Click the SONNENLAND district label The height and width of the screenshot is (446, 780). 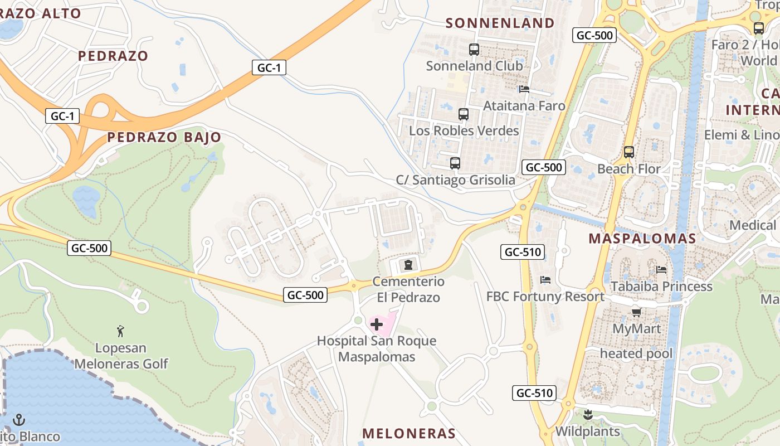(x=500, y=23)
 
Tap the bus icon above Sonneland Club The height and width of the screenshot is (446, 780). (x=474, y=50)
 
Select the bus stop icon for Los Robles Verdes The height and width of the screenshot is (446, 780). (x=464, y=114)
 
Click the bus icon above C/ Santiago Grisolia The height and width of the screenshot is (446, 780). (x=455, y=163)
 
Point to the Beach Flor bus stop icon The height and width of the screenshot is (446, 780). (x=629, y=152)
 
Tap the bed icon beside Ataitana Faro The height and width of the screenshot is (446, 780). (x=524, y=89)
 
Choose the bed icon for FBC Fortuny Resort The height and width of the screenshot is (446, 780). (x=545, y=280)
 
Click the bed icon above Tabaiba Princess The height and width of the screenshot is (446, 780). (x=661, y=270)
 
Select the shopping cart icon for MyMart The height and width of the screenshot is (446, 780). (x=636, y=312)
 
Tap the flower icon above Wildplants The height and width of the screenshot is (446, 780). (x=587, y=415)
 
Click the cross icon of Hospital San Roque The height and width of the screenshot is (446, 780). (x=377, y=324)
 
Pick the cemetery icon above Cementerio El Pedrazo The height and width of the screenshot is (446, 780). (x=408, y=264)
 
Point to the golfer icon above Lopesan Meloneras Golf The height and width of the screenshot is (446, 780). (x=120, y=332)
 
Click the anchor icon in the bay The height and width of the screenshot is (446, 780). (x=19, y=419)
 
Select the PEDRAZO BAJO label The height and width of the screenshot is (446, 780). (x=164, y=137)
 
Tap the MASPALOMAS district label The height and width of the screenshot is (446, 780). (x=642, y=239)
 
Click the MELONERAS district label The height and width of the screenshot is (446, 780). (x=409, y=433)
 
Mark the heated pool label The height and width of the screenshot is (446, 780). (x=636, y=353)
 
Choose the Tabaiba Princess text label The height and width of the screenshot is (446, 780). (x=661, y=286)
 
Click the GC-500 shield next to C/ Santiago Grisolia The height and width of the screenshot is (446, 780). (x=544, y=167)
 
